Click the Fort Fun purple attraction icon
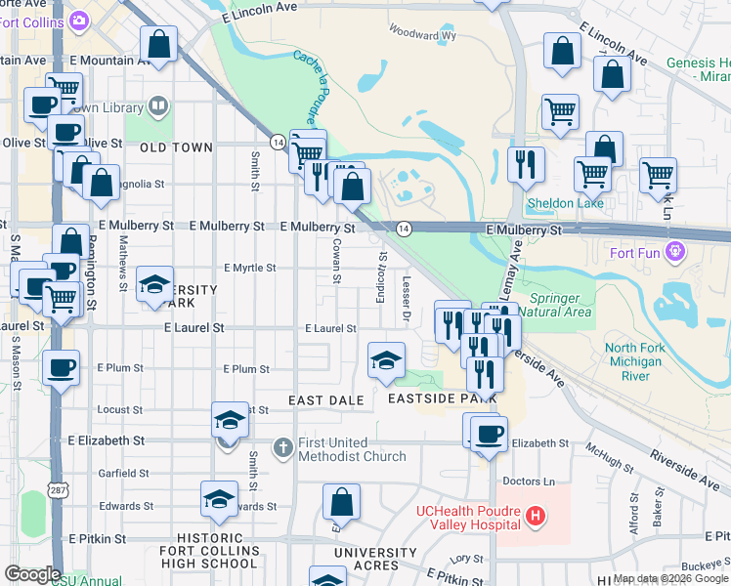click(673, 253)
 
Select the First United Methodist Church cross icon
click(283, 448)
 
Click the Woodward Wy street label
click(422, 34)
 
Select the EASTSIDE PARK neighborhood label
click(442, 398)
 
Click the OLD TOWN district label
click(176, 147)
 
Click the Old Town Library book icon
click(157, 105)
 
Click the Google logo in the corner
click(32, 574)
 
